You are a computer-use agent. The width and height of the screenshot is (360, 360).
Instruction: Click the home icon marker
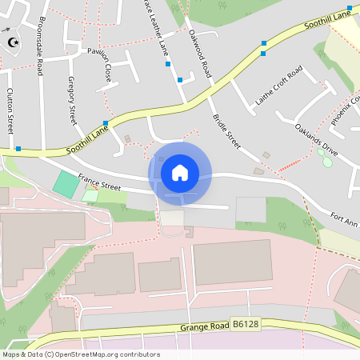point(180,172)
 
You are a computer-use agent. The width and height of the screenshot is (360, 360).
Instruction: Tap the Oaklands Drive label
point(316,140)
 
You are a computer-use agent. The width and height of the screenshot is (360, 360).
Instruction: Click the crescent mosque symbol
point(11,42)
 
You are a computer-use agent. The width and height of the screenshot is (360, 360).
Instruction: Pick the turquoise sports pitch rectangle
point(66,184)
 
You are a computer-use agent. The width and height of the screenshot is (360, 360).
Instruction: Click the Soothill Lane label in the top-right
point(328,20)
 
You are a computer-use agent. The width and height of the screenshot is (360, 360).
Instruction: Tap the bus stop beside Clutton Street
point(18,149)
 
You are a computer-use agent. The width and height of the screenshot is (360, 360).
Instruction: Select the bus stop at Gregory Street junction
point(106,123)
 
